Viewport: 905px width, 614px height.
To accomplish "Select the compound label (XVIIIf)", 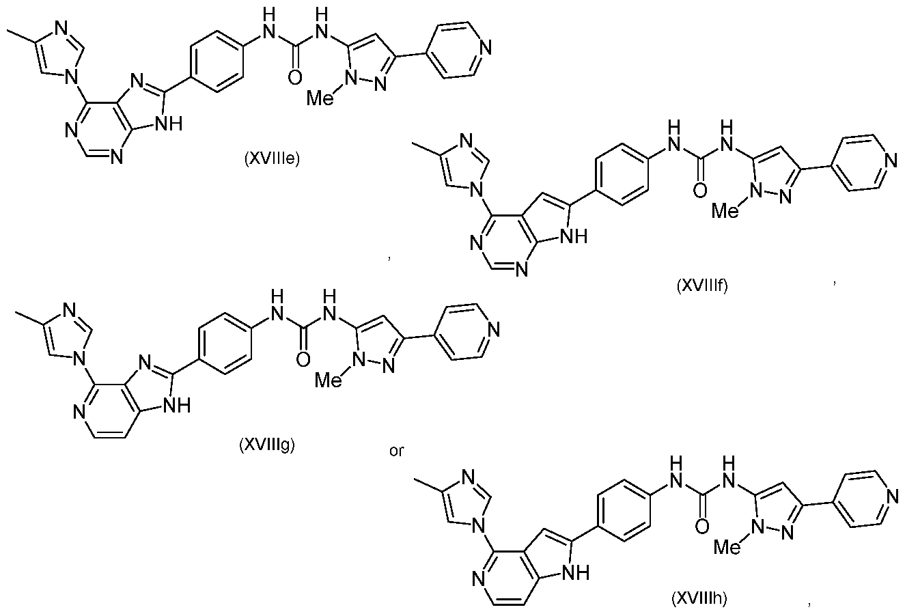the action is tap(702, 286).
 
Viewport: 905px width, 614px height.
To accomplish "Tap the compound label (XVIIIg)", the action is tap(267, 445).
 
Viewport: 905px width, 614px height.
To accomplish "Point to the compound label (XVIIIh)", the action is tap(699, 599).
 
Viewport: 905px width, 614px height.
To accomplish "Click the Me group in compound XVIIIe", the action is tap(320, 98).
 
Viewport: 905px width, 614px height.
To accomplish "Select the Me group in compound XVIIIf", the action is tap(725, 211).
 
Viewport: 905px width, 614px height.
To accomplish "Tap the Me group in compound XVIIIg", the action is tap(329, 380).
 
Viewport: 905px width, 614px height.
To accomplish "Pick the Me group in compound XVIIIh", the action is tap(727, 547).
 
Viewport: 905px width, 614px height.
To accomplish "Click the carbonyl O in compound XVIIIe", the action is tap(295, 77).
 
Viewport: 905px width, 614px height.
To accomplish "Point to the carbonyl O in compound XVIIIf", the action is tap(700, 191).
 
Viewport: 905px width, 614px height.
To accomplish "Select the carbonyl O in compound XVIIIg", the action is tap(303, 359).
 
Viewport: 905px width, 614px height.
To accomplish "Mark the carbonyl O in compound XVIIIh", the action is tap(702, 527).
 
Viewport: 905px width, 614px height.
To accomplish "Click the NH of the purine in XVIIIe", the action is tap(169, 124).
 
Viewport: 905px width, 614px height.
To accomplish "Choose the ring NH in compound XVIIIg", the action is tap(177, 406).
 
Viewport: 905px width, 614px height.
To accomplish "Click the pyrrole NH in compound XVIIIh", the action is tap(576, 573).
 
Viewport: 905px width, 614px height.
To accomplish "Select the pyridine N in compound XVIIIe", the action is tap(486, 48).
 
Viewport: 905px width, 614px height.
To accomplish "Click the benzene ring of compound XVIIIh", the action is tap(624, 511).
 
